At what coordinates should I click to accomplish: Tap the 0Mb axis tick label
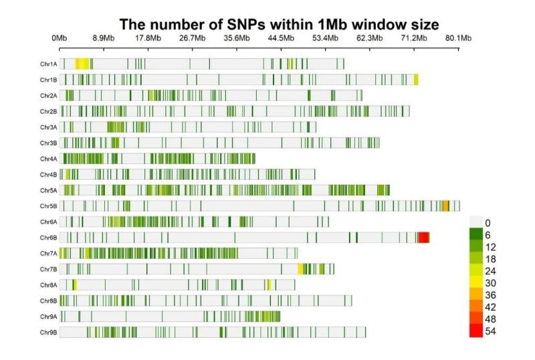[x=60, y=37]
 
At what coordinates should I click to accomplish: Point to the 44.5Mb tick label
[x=281, y=37]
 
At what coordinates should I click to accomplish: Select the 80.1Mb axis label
[x=459, y=37]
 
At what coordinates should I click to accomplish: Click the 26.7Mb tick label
[x=193, y=37]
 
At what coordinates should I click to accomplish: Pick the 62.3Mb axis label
[x=369, y=37]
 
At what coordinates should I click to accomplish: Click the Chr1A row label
[x=48, y=64]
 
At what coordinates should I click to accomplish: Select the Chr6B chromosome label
[x=48, y=238]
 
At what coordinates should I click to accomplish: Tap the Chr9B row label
[x=48, y=332]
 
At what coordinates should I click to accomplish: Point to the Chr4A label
[x=48, y=159]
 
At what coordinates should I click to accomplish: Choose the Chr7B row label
[x=48, y=269]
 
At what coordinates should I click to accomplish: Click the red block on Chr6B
[x=423, y=238]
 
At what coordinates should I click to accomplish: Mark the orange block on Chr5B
[x=446, y=206]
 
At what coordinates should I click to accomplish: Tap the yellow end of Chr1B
[x=416, y=80]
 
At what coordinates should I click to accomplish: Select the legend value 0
[x=488, y=223]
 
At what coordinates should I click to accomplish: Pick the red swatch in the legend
[x=475, y=331]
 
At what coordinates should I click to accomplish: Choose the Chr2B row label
[x=48, y=111]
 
